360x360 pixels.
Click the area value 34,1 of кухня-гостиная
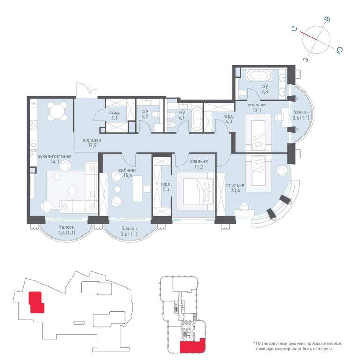pos(55,161)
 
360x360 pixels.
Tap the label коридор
pos(92,140)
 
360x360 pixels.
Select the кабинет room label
pos(127,170)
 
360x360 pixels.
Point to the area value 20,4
pos(235,190)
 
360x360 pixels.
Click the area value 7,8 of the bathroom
pos(265,91)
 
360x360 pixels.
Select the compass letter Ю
pos(339,50)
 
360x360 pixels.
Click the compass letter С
pos(294,29)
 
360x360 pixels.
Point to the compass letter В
pos(328,19)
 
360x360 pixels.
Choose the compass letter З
pos(306,59)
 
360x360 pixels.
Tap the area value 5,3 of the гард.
pos(166,190)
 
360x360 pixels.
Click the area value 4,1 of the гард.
pos(114,119)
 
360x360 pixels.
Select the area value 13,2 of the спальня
pos(199,167)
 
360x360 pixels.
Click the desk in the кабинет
pos(137,188)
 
